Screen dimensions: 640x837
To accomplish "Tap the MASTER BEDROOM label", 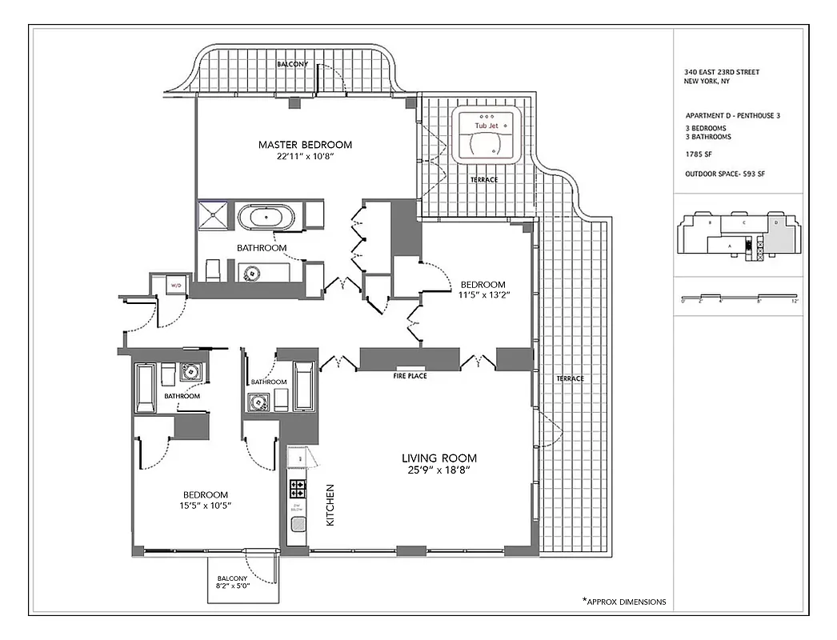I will point(305,145).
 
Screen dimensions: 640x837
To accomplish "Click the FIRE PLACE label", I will point(410,375).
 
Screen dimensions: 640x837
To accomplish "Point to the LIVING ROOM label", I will point(439,458).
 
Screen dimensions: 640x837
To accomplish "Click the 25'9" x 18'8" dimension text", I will point(439,471).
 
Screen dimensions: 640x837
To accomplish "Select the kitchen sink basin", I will point(298,526).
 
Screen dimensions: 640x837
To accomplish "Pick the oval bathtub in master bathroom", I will point(266,218).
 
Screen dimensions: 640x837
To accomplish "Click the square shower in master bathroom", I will point(214,217).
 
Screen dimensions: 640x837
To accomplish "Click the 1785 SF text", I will point(698,154).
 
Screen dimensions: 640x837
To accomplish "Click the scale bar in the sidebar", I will point(738,297).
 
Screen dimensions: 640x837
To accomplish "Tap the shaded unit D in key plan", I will point(781,233).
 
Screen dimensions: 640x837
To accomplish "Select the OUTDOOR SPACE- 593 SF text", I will point(725,174).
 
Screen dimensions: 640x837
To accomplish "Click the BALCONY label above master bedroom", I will point(293,63).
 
